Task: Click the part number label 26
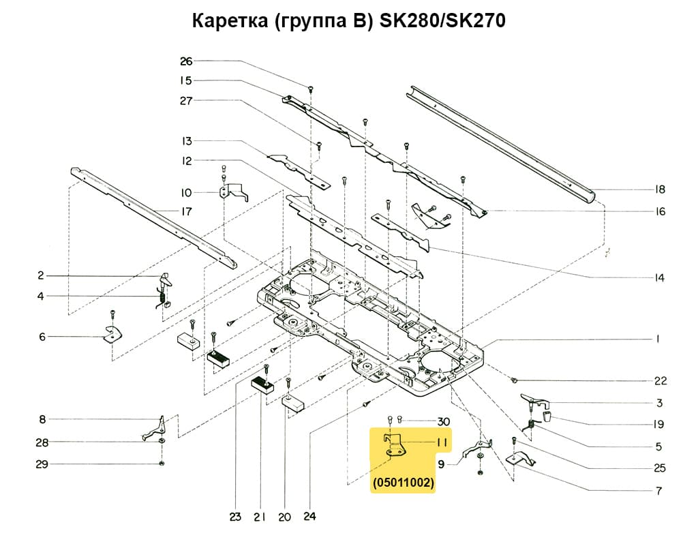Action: point(186,61)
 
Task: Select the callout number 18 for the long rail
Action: point(659,189)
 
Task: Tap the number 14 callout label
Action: point(659,278)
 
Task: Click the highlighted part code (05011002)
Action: point(404,483)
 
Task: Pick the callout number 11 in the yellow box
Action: point(442,442)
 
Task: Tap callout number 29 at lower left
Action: point(42,464)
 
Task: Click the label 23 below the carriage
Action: point(234,517)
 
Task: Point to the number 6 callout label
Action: point(42,336)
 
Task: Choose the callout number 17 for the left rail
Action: point(186,211)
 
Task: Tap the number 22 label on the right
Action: point(660,381)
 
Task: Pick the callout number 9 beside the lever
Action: point(441,464)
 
